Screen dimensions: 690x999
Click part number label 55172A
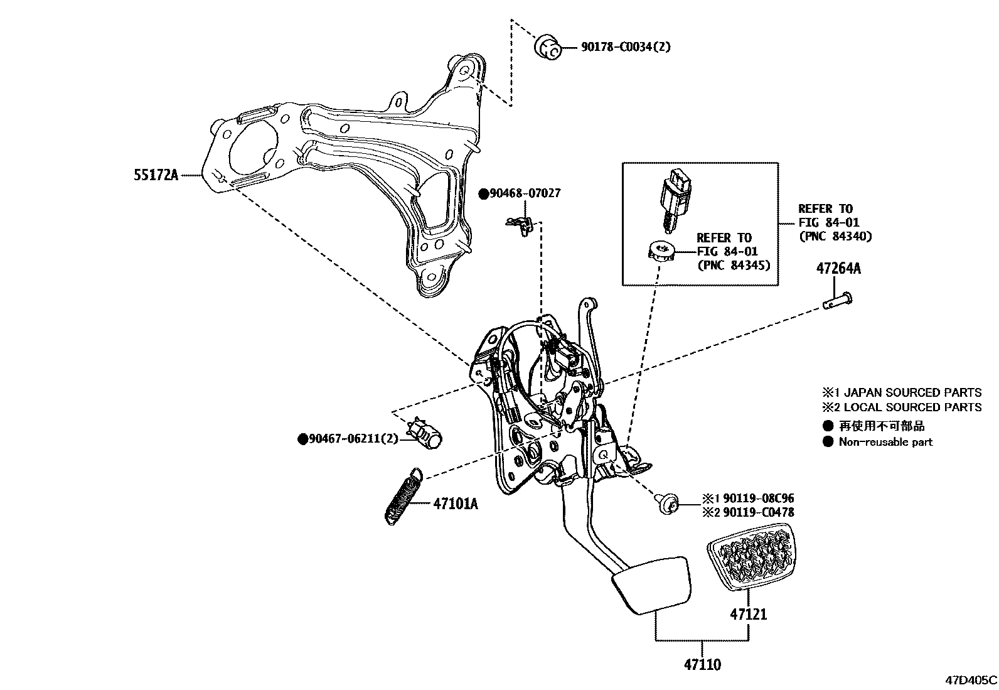156,175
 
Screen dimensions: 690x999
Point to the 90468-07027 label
525,193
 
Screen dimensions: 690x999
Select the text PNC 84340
835,236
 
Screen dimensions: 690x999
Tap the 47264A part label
838,269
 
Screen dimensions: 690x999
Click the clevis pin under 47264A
838,301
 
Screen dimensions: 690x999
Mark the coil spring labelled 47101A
402,495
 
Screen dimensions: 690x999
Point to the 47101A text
455,504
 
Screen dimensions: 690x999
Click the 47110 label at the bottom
702,664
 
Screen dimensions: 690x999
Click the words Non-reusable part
885,442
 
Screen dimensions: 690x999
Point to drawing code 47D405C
971,680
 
